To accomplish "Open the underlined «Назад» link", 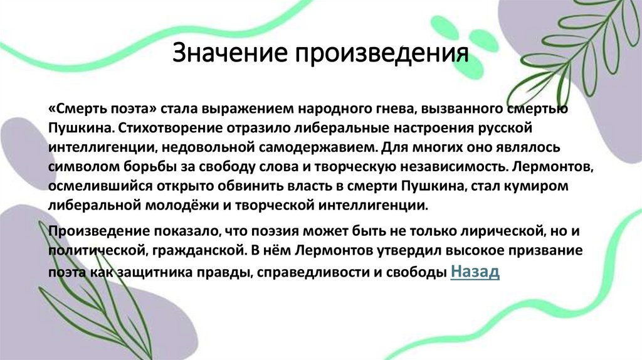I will [475, 272].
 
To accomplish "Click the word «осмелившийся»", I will [92, 187].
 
